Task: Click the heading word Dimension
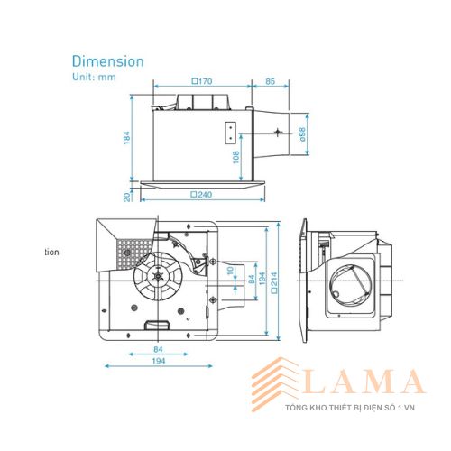(108, 61)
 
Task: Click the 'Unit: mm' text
(94, 77)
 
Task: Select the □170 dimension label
(202, 81)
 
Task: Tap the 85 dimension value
(270, 81)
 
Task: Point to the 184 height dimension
(127, 138)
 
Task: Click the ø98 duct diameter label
(302, 134)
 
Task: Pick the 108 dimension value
(236, 157)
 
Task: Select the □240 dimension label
(201, 195)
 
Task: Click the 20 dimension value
(127, 197)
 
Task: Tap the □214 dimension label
(274, 282)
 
